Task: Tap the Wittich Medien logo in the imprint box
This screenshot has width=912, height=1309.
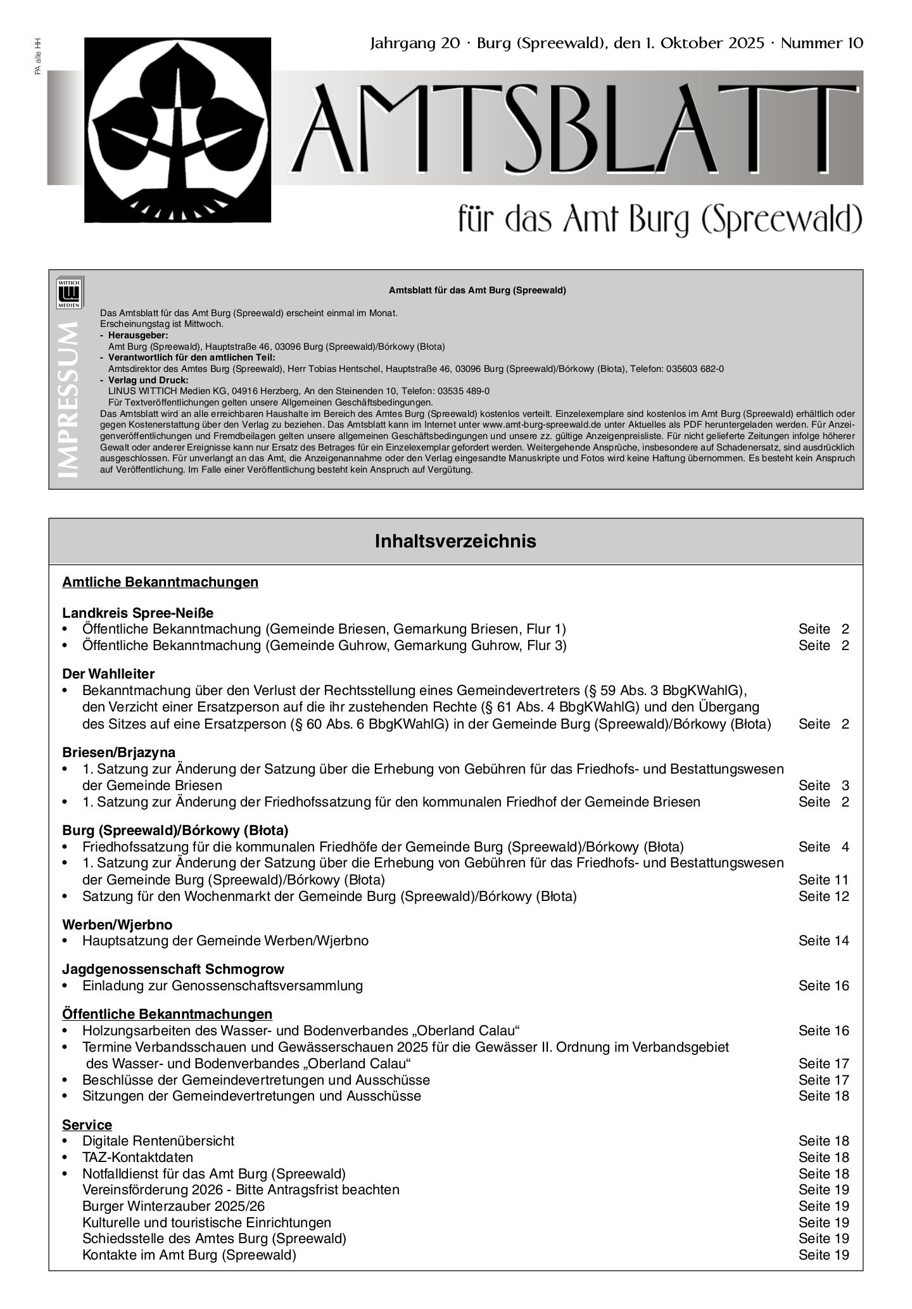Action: [69, 293]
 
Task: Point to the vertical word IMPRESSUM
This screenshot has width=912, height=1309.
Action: [68, 399]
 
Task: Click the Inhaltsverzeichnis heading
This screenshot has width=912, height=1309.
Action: [455, 542]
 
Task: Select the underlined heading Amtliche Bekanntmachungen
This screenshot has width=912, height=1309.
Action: [160, 582]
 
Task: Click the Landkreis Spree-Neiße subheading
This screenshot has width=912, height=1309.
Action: [137, 613]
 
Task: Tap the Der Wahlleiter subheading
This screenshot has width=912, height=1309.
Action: [108, 674]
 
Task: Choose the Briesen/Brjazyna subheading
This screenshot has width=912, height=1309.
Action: [118, 753]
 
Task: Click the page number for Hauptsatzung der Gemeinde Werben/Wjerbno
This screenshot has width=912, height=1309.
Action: [823, 941]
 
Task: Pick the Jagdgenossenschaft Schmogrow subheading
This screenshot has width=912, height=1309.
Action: [173, 969]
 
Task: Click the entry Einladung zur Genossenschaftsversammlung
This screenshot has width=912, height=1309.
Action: [222, 986]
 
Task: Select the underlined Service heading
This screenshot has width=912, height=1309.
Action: [87, 1125]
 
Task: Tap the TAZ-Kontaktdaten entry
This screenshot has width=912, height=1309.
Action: [137, 1158]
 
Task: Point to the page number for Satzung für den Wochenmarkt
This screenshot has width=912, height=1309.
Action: [823, 897]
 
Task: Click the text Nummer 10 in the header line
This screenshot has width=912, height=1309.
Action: [821, 44]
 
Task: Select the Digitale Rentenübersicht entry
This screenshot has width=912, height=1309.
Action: [158, 1141]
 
